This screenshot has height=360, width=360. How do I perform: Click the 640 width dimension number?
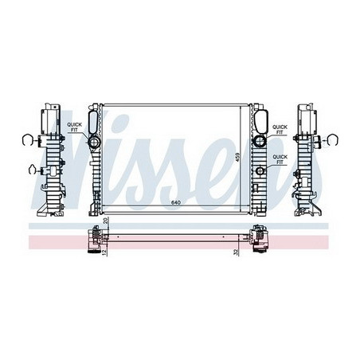coord(176,203)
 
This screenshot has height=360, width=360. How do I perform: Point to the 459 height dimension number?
coord(237,158)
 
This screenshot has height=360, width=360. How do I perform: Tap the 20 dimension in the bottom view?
coord(106,221)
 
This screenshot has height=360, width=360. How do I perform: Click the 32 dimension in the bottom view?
coord(236,252)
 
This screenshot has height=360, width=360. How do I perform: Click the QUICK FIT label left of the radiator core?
coord(74,127)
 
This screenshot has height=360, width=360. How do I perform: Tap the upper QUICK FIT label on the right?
coord(280,130)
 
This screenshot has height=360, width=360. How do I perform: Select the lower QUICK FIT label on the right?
coord(280,159)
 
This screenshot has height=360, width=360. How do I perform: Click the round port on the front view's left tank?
coord(93,143)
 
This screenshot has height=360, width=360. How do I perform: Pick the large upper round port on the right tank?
coord(260,141)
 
